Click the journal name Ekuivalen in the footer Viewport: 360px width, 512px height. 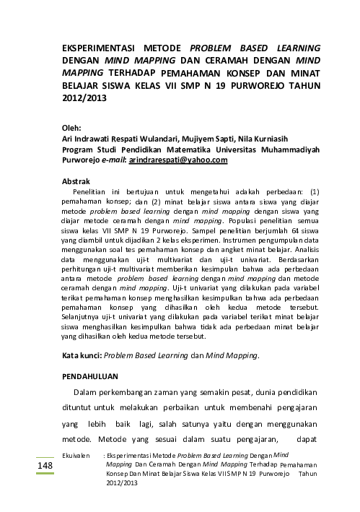coord(76,456)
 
